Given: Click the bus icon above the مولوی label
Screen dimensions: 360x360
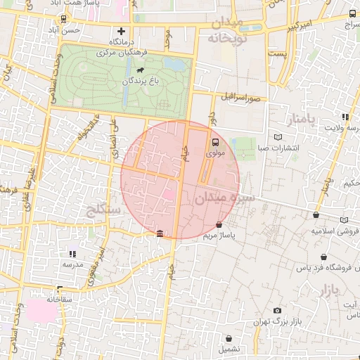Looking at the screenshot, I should [x=214, y=140].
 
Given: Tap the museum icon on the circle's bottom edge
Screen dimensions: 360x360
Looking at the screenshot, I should [x=160, y=233].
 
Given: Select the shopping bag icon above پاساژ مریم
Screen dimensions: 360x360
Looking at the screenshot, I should [x=219, y=225].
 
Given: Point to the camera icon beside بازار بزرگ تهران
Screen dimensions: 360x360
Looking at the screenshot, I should [x=277, y=311].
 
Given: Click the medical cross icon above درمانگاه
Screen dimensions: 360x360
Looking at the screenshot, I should [x=122, y=31].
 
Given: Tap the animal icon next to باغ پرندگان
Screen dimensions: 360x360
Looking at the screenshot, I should [x=141, y=70].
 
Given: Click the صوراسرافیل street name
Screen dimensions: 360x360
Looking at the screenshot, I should [x=243, y=96].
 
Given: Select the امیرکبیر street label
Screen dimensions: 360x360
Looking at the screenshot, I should [x=292, y=27].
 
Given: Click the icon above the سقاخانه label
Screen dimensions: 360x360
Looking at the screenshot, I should [x=59, y=288].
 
